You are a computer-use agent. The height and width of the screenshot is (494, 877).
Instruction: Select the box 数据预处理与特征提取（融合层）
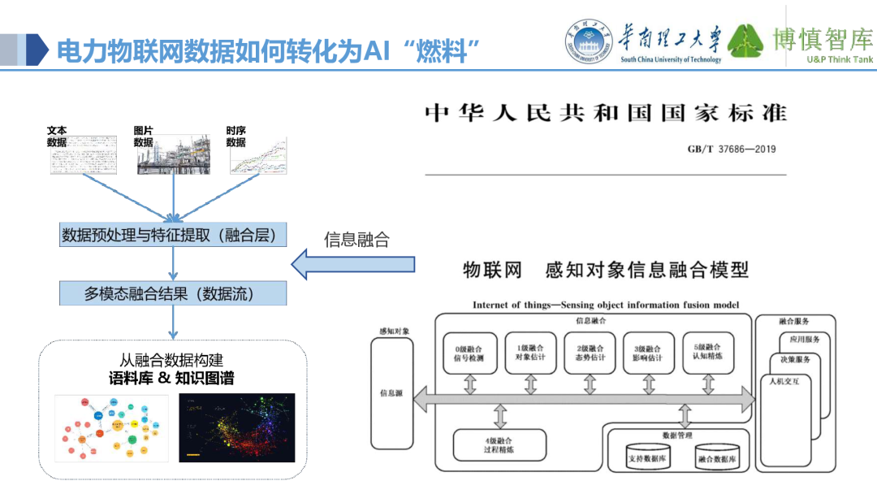coord(174,236)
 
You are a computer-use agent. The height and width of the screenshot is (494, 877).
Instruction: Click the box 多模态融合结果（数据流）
coord(174,293)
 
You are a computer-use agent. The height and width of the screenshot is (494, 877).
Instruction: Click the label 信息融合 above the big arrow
coord(356,240)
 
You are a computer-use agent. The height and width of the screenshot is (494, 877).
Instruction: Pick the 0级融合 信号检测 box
coord(469,353)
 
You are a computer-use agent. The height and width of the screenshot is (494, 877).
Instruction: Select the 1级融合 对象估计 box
coord(530,353)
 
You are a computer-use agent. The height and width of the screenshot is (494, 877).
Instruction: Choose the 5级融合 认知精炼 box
coord(708,353)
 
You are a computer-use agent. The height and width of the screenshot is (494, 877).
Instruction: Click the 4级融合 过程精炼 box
coord(499,444)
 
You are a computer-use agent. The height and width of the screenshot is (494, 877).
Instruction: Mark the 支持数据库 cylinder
coord(646,457)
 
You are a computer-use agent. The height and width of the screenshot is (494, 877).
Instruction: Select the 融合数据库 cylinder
coord(716,457)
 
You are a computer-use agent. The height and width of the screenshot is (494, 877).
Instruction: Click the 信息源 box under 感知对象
coord(391,392)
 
